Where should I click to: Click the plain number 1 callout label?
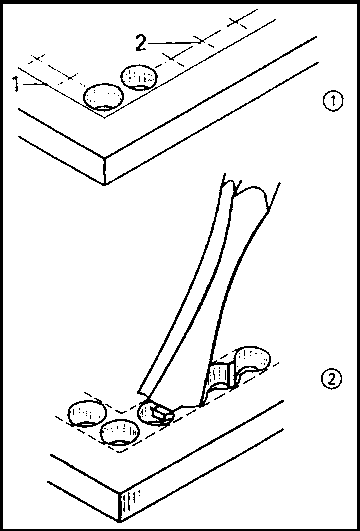16,84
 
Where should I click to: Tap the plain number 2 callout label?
142,43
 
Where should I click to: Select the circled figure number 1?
333,101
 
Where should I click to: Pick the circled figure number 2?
331,379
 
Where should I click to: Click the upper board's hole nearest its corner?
103,98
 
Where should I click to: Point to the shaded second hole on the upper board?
139,79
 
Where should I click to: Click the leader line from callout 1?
33,83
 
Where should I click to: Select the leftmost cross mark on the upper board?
37,58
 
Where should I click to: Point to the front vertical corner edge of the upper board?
105,171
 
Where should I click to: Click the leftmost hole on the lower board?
87,413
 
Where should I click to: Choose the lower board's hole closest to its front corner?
120,433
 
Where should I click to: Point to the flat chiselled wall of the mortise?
220,376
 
